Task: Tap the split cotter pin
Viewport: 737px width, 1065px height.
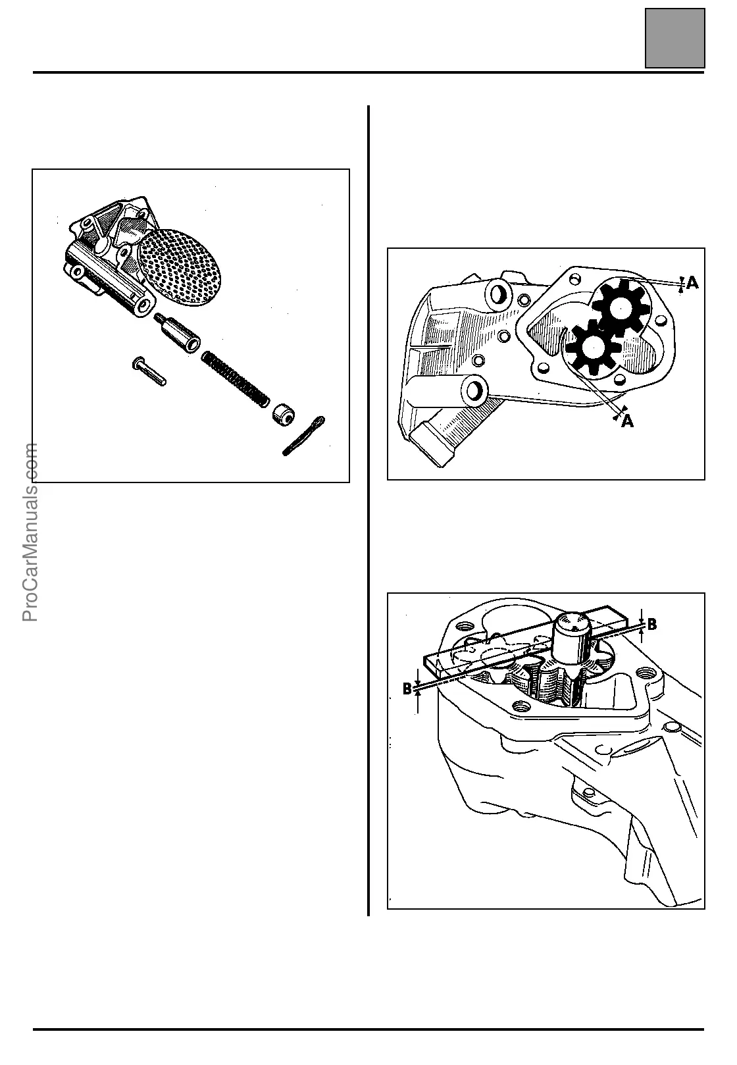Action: [x=303, y=436]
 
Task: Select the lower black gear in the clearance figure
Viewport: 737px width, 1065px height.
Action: [x=590, y=348]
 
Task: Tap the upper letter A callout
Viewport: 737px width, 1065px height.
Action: [x=692, y=284]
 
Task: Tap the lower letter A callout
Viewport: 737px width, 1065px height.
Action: [x=628, y=421]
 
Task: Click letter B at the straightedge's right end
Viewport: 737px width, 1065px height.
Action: [x=651, y=625]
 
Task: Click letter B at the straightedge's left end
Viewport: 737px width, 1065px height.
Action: [x=407, y=688]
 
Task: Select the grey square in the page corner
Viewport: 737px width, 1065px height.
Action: [x=674, y=38]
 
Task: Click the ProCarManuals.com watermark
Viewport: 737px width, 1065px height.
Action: [x=30, y=532]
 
